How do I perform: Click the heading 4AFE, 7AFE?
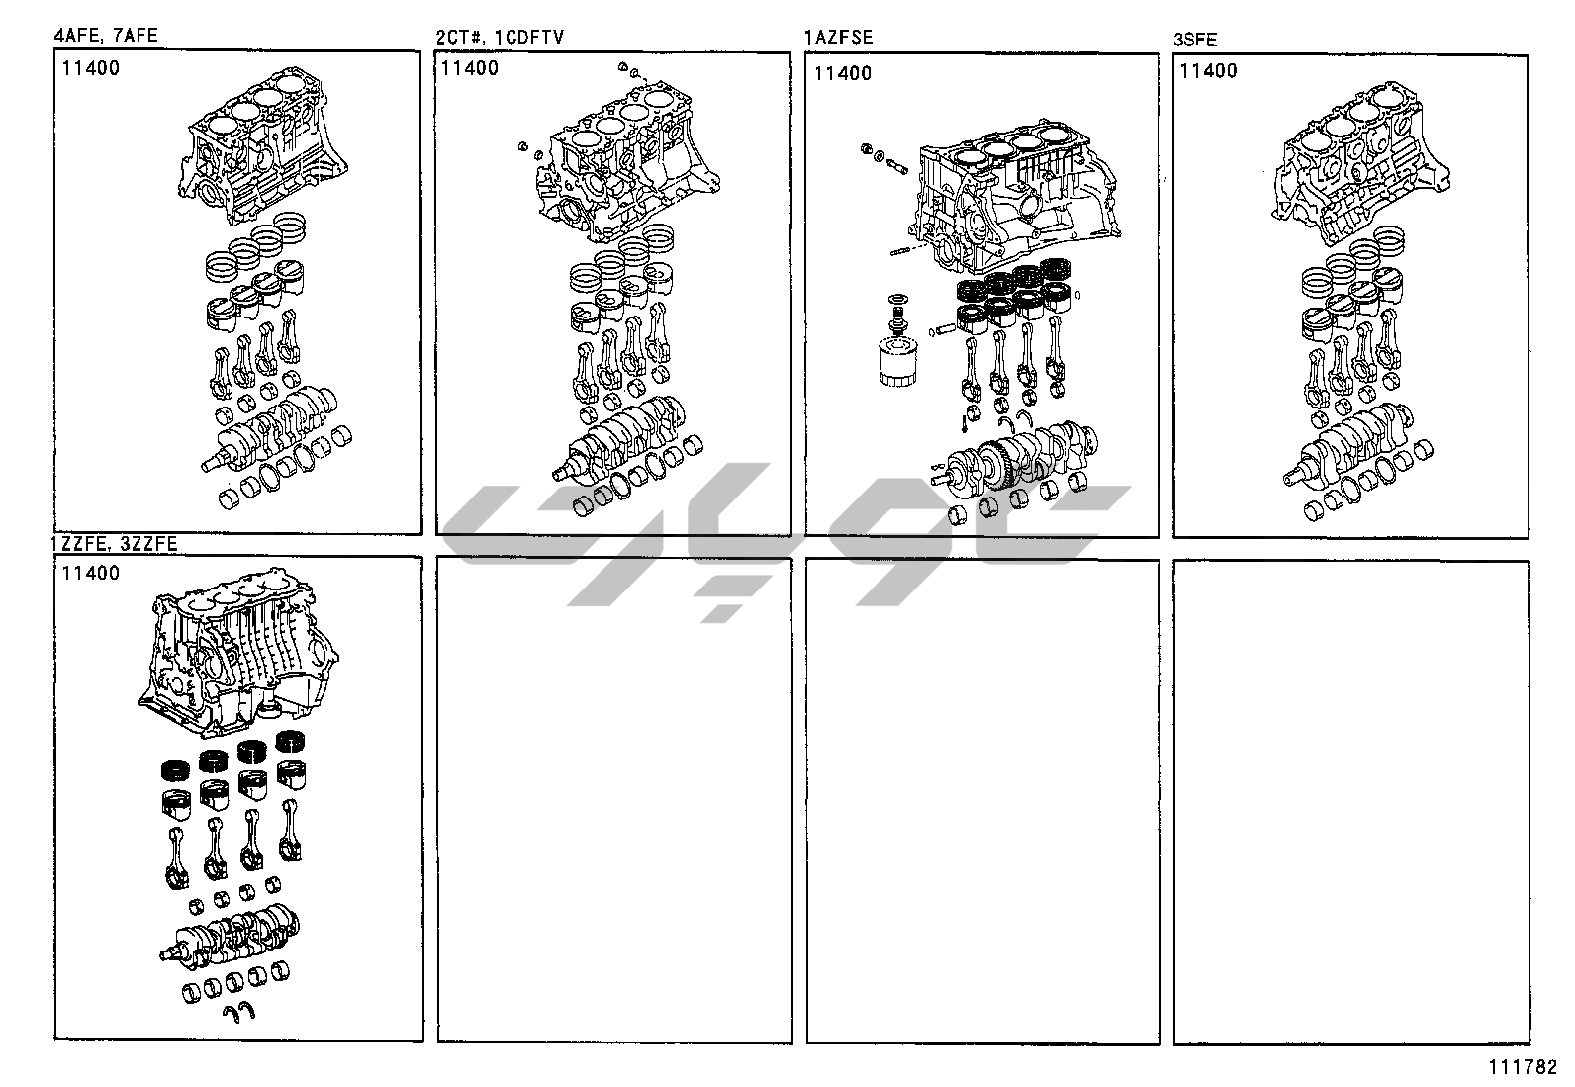tap(105, 37)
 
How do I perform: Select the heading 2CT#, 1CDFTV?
tap(500, 38)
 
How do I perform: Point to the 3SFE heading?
tap(1195, 40)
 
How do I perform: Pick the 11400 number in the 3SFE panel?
tap(1208, 70)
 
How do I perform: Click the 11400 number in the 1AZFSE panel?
tap(844, 73)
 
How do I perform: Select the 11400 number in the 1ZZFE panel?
tap(90, 573)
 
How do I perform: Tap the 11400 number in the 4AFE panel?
tap(90, 68)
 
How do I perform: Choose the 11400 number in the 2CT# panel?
tap(470, 68)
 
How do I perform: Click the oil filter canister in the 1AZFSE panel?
tap(897, 361)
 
